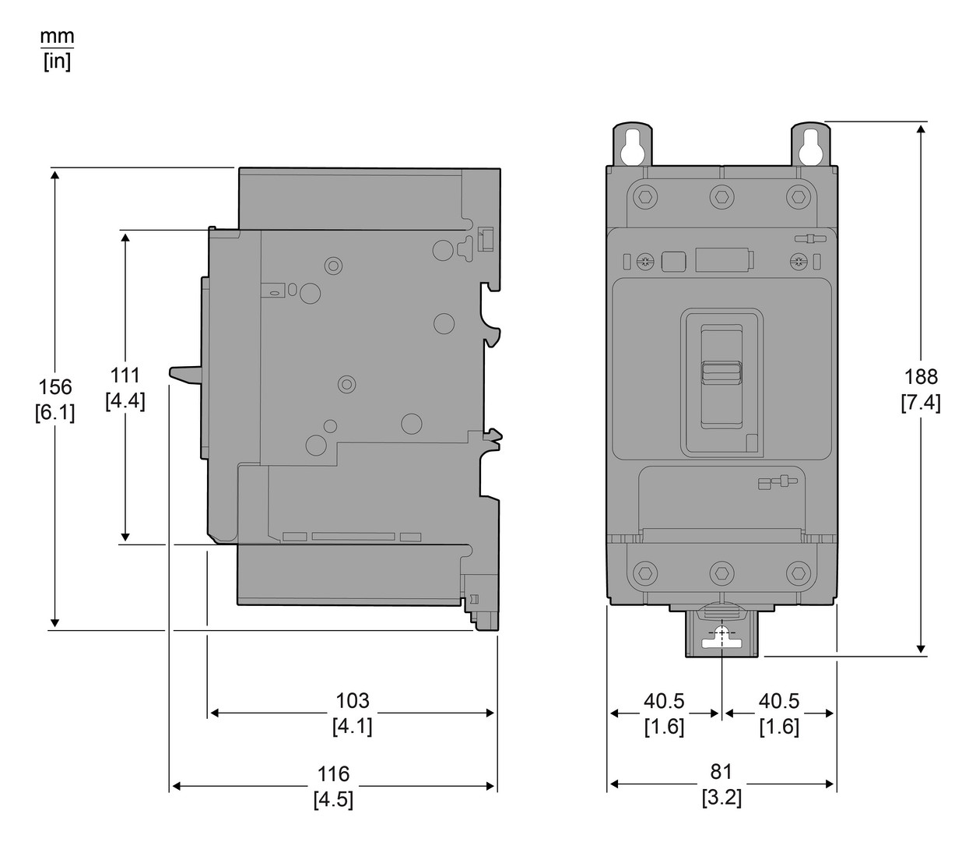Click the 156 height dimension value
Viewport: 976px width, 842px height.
point(55,386)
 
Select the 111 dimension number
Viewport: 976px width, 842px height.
point(125,375)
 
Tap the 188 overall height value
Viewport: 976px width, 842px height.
point(921,377)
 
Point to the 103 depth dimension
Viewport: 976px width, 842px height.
point(352,701)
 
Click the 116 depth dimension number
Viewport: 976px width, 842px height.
point(333,774)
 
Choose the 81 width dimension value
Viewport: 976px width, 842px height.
point(721,772)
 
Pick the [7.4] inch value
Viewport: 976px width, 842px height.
point(921,403)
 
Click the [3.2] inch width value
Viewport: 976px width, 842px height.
point(721,798)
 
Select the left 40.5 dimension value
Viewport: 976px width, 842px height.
point(664,701)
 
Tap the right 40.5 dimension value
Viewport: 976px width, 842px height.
point(779,701)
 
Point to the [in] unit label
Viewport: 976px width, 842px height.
point(58,62)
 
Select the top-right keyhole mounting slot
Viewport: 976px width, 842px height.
point(812,146)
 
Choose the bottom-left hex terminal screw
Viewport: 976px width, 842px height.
point(644,574)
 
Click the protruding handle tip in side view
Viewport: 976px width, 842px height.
point(177,374)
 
